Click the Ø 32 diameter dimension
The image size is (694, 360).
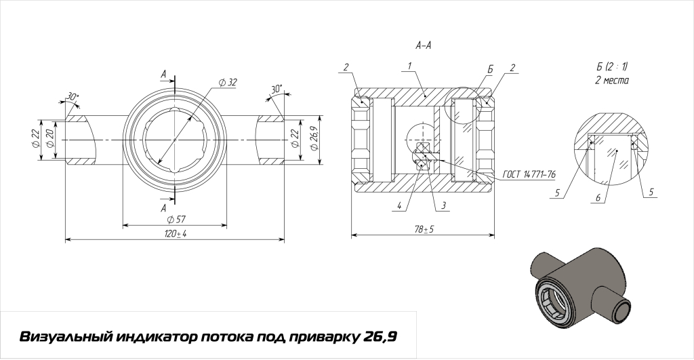[x=228, y=82]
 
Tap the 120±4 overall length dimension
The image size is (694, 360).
[x=176, y=234]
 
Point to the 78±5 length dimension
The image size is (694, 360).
[x=424, y=230]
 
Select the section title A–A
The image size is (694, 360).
[x=424, y=45]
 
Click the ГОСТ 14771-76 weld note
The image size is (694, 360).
[x=529, y=174]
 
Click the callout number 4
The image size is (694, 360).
[x=401, y=205]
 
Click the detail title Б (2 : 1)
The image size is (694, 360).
[x=612, y=66]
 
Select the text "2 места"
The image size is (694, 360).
[x=611, y=80]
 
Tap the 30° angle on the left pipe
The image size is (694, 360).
[x=73, y=97]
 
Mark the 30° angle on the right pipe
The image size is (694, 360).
[x=276, y=89]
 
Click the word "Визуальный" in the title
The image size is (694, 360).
[x=64, y=337]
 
